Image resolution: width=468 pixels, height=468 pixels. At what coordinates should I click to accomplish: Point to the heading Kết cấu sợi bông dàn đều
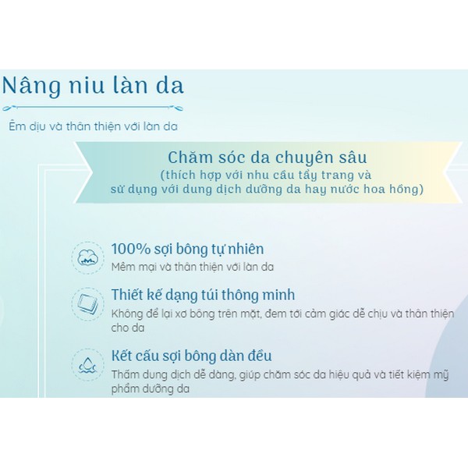pos(191,356)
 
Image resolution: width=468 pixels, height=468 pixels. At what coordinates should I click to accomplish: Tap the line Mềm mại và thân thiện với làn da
pos(192,267)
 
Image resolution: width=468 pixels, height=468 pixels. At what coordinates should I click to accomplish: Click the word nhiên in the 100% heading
pos(242,249)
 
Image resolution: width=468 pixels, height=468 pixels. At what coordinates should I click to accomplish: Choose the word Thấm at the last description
pos(126,374)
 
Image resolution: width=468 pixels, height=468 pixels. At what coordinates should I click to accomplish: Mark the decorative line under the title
pos(93,108)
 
